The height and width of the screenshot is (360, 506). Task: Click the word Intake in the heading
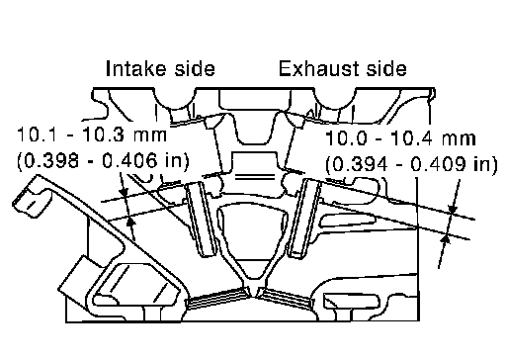(x=136, y=68)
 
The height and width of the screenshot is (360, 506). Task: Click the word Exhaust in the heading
(x=318, y=68)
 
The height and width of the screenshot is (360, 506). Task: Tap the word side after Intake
(x=195, y=68)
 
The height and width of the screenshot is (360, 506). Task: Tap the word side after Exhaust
(x=386, y=68)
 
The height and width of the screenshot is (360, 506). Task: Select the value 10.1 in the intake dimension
(x=39, y=135)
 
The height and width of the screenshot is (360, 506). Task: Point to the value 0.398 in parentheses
(x=51, y=161)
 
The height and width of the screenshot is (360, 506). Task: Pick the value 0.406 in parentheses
(x=129, y=161)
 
